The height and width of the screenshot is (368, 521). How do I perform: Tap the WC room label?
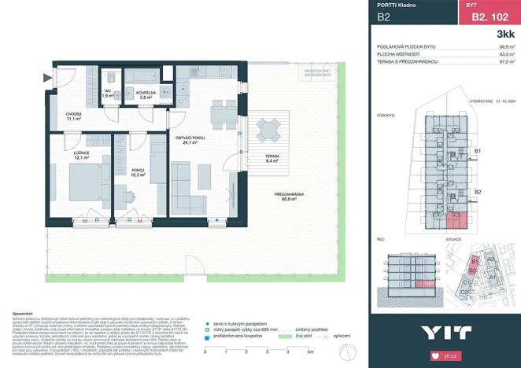point(107,92)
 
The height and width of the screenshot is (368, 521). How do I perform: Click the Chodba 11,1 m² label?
point(76,116)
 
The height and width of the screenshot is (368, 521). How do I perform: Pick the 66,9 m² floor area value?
point(508,48)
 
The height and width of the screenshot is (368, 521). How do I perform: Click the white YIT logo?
point(445,332)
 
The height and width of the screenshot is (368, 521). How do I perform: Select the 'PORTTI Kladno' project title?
point(397,6)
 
